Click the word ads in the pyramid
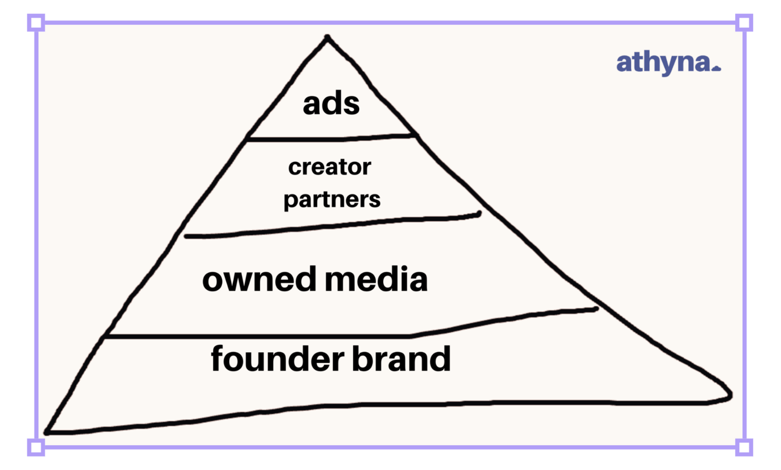[331, 104]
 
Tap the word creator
[329, 167]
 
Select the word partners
[332, 199]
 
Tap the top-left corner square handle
[36, 23]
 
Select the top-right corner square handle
[744, 23]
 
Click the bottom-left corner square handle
[36, 447]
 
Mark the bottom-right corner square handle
[744, 447]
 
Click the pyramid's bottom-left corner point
[47, 431]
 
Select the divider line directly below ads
[331, 138]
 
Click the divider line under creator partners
[332, 225]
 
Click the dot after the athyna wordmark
[717, 68]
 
